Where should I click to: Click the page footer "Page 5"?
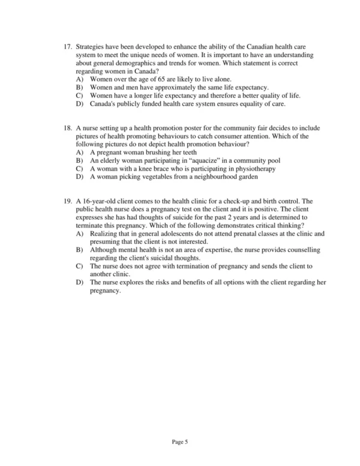click(x=180, y=443)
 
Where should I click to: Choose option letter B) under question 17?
click(x=80, y=88)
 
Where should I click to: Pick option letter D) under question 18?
click(x=80, y=177)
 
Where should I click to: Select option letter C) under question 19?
click(x=80, y=265)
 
